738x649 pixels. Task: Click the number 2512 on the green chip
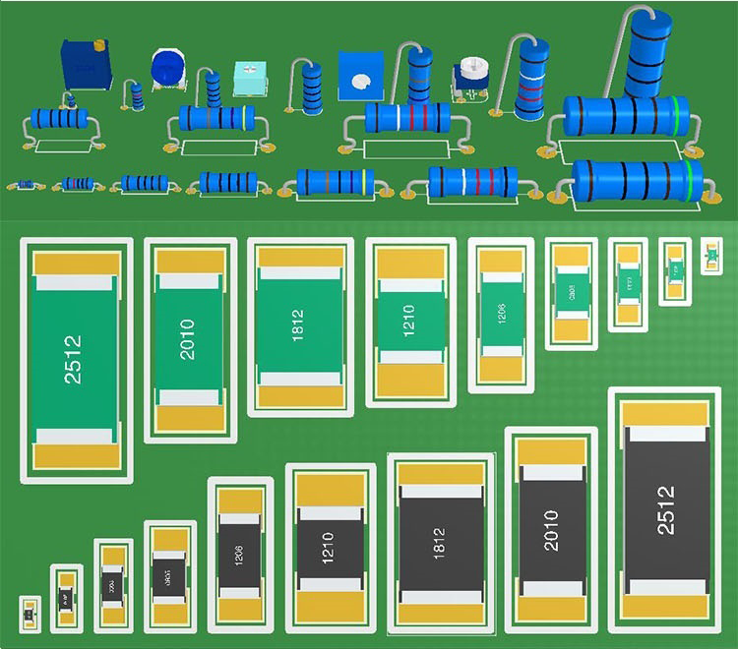pyautogui.click(x=74, y=359)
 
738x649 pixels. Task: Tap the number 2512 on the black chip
pyautogui.click(x=666, y=509)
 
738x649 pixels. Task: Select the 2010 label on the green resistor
pyautogui.click(x=188, y=339)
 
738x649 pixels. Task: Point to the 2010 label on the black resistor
pyautogui.click(x=551, y=529)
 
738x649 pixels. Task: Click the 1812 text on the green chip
pyautogui.click(x=297, y=325)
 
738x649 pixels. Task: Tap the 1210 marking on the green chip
pyautogui.click(x=409, y=321)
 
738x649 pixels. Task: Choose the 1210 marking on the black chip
pyautogui.click(x=329, y=548)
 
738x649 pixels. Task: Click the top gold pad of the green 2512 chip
pyautogui.click(x=77, y=263)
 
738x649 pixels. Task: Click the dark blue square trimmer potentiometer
pyautogui.click(x=86, y=64)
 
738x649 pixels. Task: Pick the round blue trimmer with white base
pyautogui.click(x=168, y=68)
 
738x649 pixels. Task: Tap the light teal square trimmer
pyautogui.click(x=250, y=79)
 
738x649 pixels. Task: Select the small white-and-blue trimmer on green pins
pyautogui.click(x=471, y=77)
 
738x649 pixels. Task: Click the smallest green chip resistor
pyautogui.click(x=710, y=257)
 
